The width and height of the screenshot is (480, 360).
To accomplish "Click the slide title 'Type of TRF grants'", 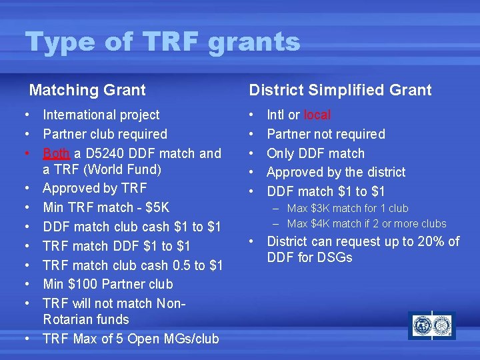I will click(163, 43).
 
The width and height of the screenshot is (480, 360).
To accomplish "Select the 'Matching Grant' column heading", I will click(87, 90).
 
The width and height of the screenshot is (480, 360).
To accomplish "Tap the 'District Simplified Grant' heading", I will click(340, 90).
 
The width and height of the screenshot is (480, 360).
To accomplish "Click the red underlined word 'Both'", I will click(56, 153).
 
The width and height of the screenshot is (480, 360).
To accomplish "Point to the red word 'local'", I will click(317, 115).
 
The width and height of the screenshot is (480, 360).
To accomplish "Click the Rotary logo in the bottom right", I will click(431, 326).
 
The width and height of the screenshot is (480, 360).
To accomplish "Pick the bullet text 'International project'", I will click(101, 115).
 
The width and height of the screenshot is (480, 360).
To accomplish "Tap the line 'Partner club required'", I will click(105, 134).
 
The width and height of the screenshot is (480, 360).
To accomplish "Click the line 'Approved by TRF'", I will click(94, 188).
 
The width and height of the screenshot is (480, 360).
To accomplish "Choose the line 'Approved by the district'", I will click(336, 172).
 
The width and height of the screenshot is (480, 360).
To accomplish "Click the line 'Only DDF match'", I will click(315, 153).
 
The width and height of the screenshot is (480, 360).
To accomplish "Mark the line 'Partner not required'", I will click(326, 134).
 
